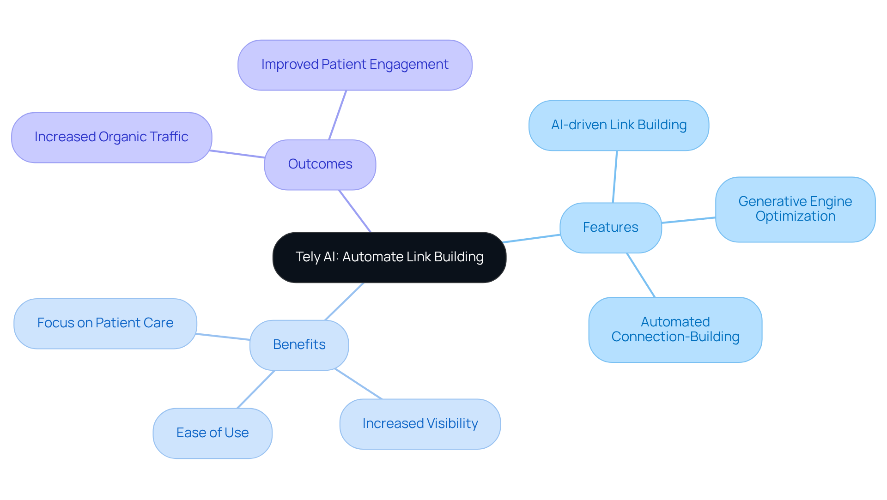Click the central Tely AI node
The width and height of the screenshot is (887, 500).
pyautogui.click(x=389, y=257)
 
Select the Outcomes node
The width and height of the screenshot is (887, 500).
pyautogui.click(x=320, y=164)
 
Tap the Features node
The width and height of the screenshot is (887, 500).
pyautogui.click(x=610, y=228)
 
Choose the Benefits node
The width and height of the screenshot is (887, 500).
pyautogui.click(x=299, y=345)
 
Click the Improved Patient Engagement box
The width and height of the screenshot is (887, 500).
pyautogui.click(x=354, y=65)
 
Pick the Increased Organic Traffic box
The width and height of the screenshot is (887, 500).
pyautogui.click(x=111, y=137)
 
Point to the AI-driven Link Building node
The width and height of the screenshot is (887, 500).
pyautogui.click(x=619, y=125)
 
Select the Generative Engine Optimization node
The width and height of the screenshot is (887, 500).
pyautogui.click(x=795, y=209)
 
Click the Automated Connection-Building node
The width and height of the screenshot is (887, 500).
pyautogui.click(x=675, y=330)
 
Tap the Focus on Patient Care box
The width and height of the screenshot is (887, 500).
pyautogui.click(x=105, y=323)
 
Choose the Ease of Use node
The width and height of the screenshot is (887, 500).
pyautogui.click(x=213, y=433)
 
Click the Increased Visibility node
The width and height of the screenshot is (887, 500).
pyautogui.click(x=420, y=424)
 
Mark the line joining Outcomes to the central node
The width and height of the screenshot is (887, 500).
pyautogui.click(x=355, y=211)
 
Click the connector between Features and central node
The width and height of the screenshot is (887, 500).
pyautogui.click(x=531, y=239)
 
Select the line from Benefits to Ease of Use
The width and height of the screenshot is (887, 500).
pyautogui.click(x=256, y=389)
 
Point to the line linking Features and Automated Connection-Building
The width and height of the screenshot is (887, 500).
pyautogui.click(x=641, y=275)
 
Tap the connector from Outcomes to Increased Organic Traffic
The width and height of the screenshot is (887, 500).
pyautogui.click(x=237, y=154)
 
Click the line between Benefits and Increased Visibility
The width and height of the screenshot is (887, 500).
pyautogui.click(x=358, y=384)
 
